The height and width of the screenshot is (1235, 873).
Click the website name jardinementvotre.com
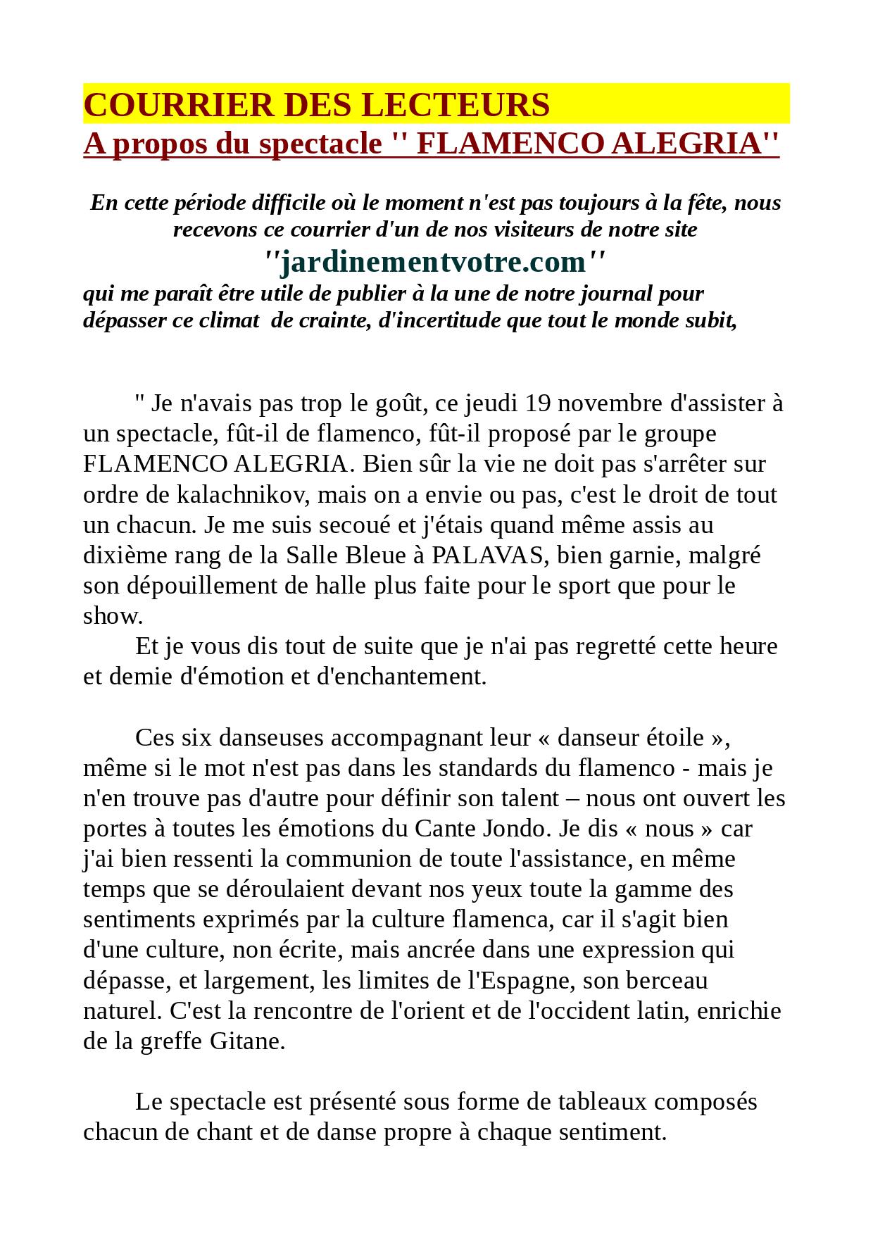[433, 262]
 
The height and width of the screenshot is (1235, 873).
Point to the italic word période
[191, 203]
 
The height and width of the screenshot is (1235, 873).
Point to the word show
[112, 616]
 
